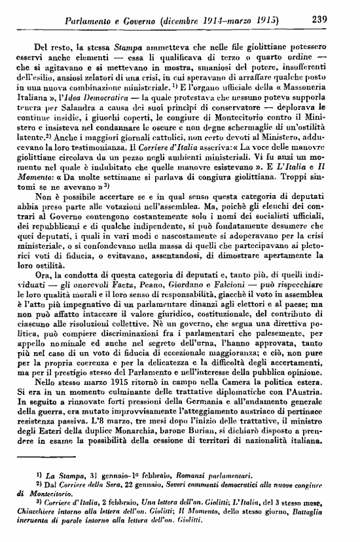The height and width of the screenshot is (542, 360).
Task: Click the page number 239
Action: coord(319,20)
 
